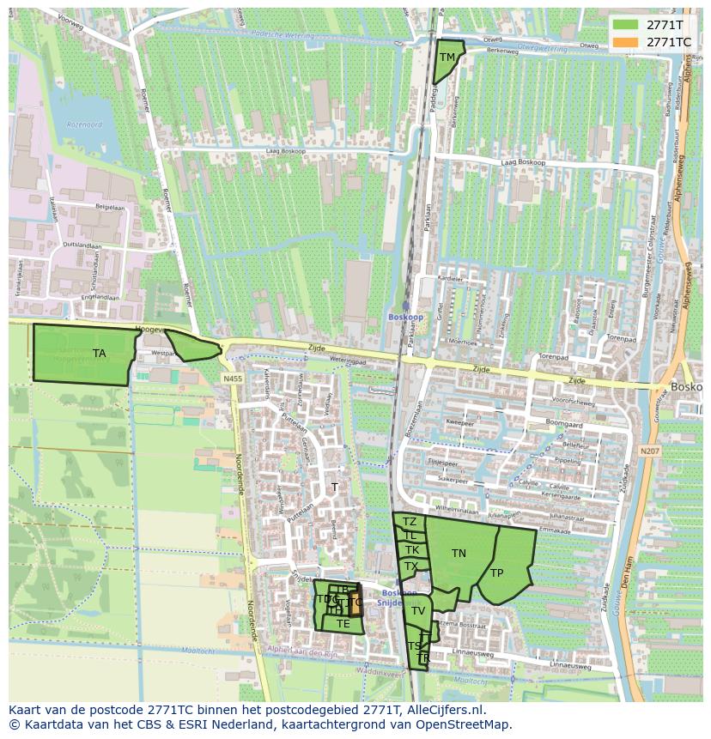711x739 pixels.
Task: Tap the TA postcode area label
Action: click(x=100, y=353)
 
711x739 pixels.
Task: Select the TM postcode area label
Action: click(x=447, y=58)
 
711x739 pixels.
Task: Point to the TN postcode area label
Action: click(x=459, y=554)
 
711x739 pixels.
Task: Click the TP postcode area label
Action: click(x=497, y=573)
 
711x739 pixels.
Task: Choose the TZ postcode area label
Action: click(x=410, y=522)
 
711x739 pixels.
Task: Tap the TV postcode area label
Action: click(x=418, y=611)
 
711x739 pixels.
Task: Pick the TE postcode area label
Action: click(x=343, y=624)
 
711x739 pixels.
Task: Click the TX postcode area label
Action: click(x=411, y=566)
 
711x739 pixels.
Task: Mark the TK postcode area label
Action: click(x=412, y=550)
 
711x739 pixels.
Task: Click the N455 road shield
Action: click(x=232, y=379)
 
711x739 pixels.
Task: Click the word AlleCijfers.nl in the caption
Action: click(x=446, y=711)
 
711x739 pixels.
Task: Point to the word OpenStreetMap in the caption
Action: click(x=465, y=725)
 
